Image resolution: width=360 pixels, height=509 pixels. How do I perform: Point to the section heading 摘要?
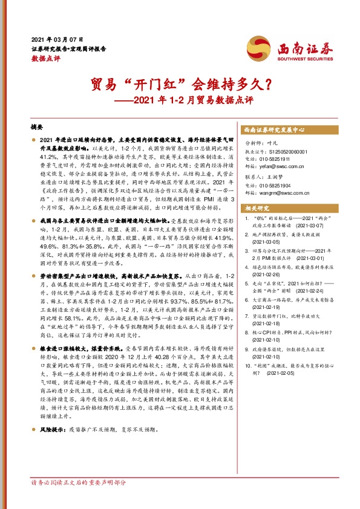pos(38,128)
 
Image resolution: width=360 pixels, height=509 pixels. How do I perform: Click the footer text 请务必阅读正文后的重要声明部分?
pos(78,500)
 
